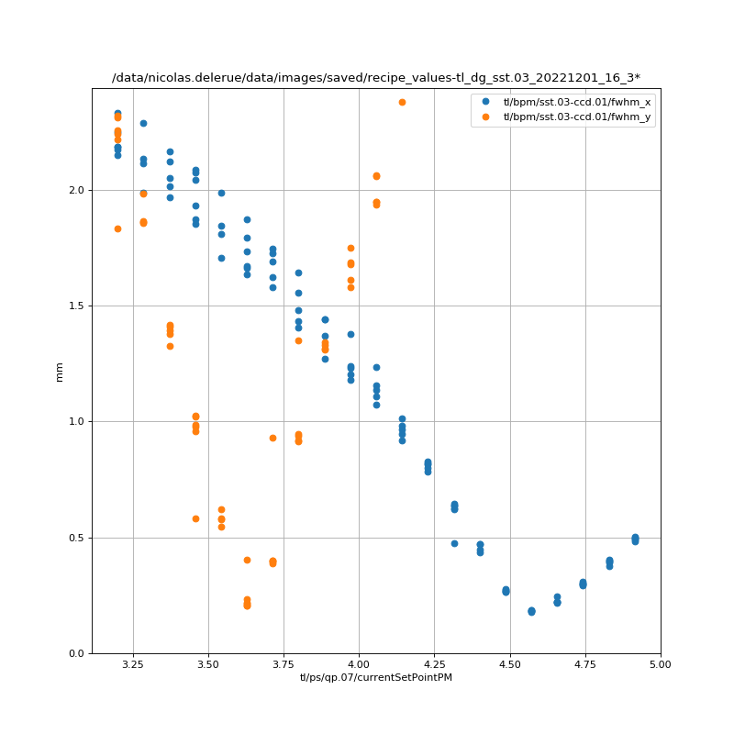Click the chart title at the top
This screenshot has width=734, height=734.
[x=375, y=78]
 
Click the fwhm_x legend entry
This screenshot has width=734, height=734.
[x=576, y=102]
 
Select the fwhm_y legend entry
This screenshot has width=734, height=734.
[x=576, y=117]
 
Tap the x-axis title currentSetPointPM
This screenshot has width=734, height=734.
[x=375, y=678]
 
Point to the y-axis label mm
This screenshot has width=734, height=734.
[x=60, y=371]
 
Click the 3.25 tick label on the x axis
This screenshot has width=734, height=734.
[x=133, y=664]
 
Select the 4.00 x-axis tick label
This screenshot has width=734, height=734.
[x=359, y=664]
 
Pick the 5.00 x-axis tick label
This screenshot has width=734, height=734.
[x=660, y=664]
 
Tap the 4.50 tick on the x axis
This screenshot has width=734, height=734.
[x=509, y=664]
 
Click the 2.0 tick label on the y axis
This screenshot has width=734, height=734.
[x=77, y=190]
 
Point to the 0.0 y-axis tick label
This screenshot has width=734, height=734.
[x=77, y=653]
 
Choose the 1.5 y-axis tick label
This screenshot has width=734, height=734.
[x=77, y=306]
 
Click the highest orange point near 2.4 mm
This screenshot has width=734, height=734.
[x=402, y=102]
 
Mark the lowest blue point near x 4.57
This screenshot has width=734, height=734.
[x=531, y=611]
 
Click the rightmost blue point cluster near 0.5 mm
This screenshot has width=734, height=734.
[x=635, y=539]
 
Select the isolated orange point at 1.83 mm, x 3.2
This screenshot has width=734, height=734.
[x=117, y=228]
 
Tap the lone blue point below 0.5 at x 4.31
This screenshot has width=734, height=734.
[x=454, y=543]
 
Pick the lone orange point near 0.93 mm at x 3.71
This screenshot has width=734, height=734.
[x=272, y=438]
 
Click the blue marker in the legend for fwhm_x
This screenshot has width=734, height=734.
[x=486, y=102]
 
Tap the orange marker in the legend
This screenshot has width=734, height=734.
[x=486, y=117]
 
